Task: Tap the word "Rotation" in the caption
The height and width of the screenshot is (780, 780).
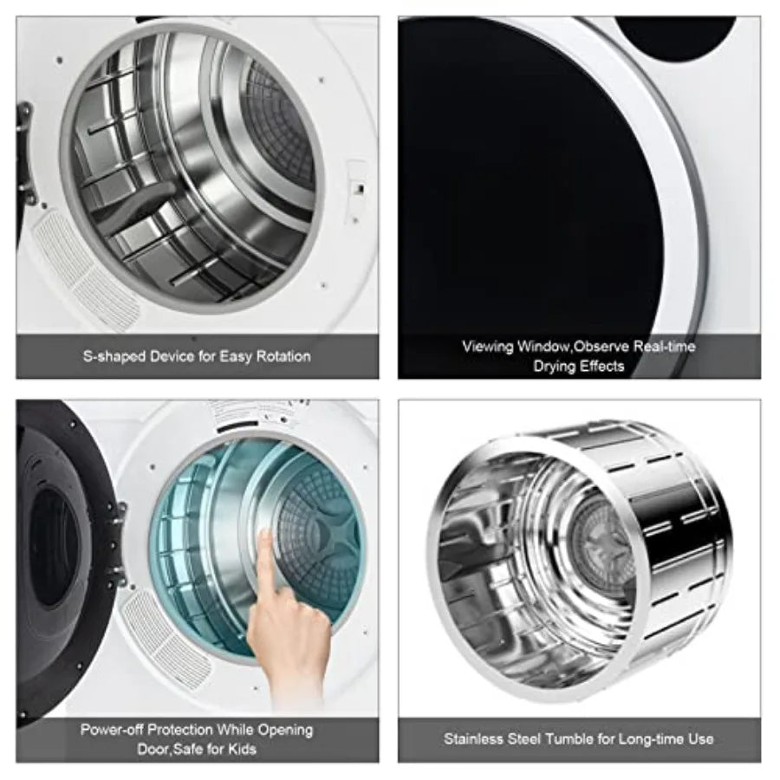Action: [x=283, y=356]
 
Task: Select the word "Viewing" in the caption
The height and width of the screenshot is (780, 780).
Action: [x=488, y=347]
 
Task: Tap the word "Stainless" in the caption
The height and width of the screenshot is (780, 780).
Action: [x=473, y=738]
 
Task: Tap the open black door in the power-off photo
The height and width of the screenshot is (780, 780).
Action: [x=52, y=555]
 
